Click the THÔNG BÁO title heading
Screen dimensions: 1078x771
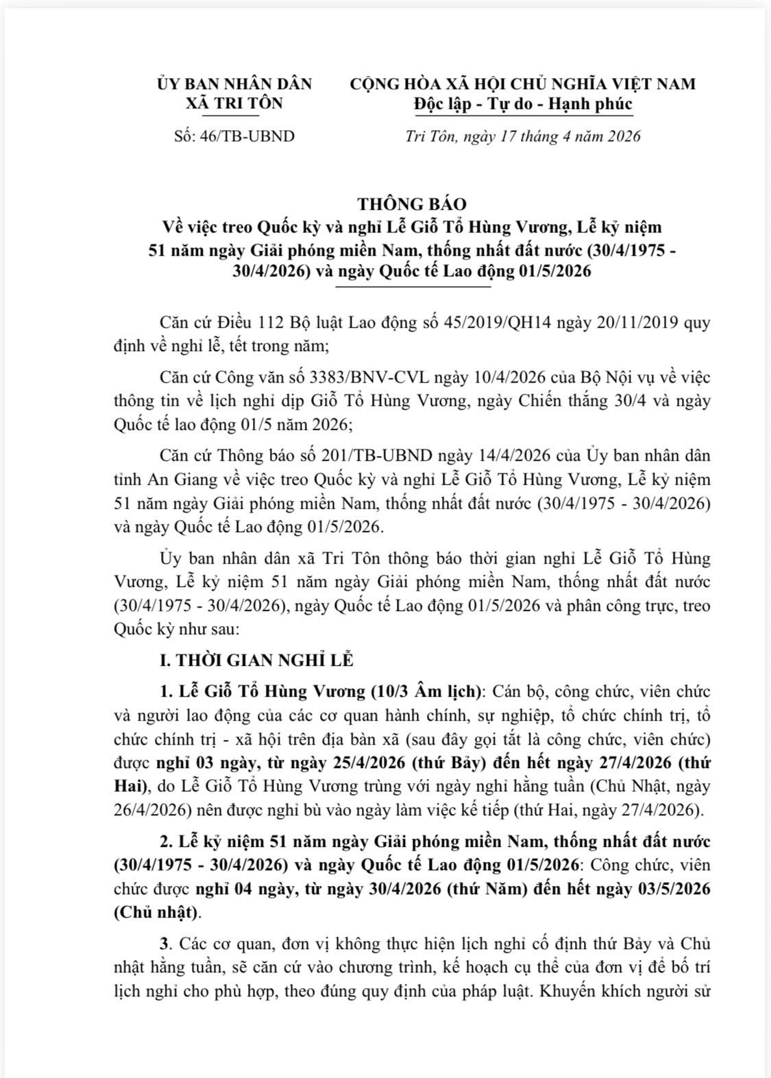pos(411,204)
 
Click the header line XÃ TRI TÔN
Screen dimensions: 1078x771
pos(234,104)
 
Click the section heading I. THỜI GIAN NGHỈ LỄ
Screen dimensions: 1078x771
pos(256,660)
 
